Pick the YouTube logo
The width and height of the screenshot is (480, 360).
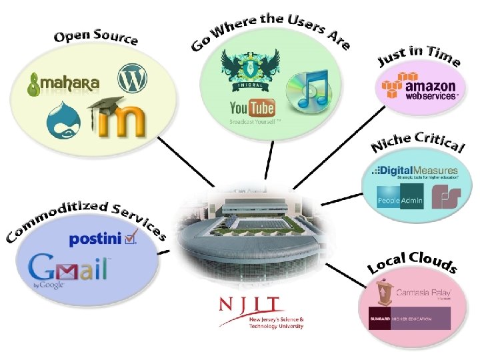point(252,108)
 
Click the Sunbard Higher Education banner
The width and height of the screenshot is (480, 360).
point(409,319)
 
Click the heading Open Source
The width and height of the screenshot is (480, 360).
point(96,36)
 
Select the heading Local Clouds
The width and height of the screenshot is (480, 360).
point(413,261)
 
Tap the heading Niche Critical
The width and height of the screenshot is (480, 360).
point(417,141)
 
